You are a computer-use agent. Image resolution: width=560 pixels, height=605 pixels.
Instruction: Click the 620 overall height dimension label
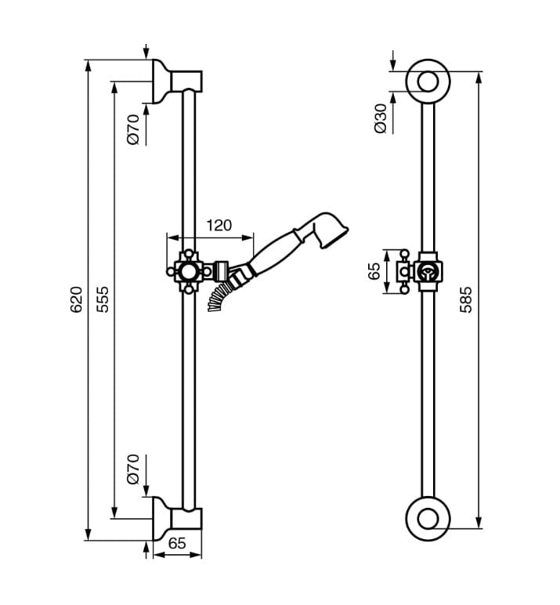pyautogui.click(x=76, y=299)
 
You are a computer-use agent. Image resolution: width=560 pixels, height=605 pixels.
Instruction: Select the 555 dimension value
pyautogui.click(x=103, y=299)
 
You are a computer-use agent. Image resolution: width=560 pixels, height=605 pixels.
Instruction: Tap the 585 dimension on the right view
pyautogui.click(x=466, y=299)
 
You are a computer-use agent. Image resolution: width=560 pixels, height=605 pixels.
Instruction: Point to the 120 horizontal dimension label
pyautogui.click(x=219, y=226)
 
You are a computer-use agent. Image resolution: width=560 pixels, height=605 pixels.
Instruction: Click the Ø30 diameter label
pyautogui.click(x=381, y=117)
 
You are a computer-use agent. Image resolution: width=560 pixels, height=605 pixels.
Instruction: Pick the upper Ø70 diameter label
pyautogui.click(x=133, y=129)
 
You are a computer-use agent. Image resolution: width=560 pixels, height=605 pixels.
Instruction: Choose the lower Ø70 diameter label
pyautogui.click(x=133, y=469)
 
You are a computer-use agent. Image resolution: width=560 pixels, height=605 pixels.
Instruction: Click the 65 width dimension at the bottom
pyautogui.click(x=177, y=542)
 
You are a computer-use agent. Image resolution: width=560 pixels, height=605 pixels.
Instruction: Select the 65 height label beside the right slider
pyautogui.click(x=374, y=271)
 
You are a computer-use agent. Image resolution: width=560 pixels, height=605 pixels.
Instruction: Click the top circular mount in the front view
pyautogui.click(x=427, y=81)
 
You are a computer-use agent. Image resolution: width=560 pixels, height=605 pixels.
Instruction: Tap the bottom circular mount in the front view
pyautogui.click(x=427, y=518)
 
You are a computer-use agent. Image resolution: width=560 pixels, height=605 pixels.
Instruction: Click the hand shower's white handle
pyautogui.click(x=273, y=252)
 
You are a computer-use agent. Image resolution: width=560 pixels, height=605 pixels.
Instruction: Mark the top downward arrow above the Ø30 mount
pyautogui.click(x=392, y=60)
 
